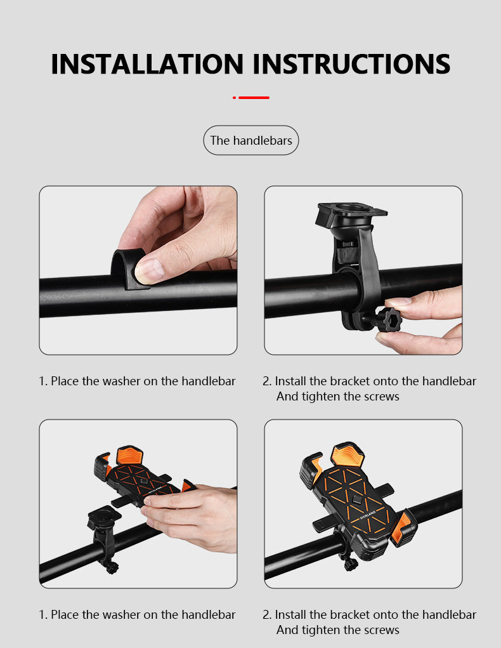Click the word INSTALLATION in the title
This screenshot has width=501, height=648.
tap(147, 64)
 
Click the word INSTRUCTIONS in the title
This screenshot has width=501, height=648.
tap(351, 64)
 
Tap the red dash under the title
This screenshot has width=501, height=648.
tap(254, 98)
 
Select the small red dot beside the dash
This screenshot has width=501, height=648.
tap(234, 98)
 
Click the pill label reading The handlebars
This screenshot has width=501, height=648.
tap(251, 140)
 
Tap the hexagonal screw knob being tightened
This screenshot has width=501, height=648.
tap(388, 319)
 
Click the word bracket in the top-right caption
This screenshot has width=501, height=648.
tap(351, 381)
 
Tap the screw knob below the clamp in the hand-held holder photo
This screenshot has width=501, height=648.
tap(111, 567)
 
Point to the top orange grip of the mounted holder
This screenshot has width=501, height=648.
tap(348, 454)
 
